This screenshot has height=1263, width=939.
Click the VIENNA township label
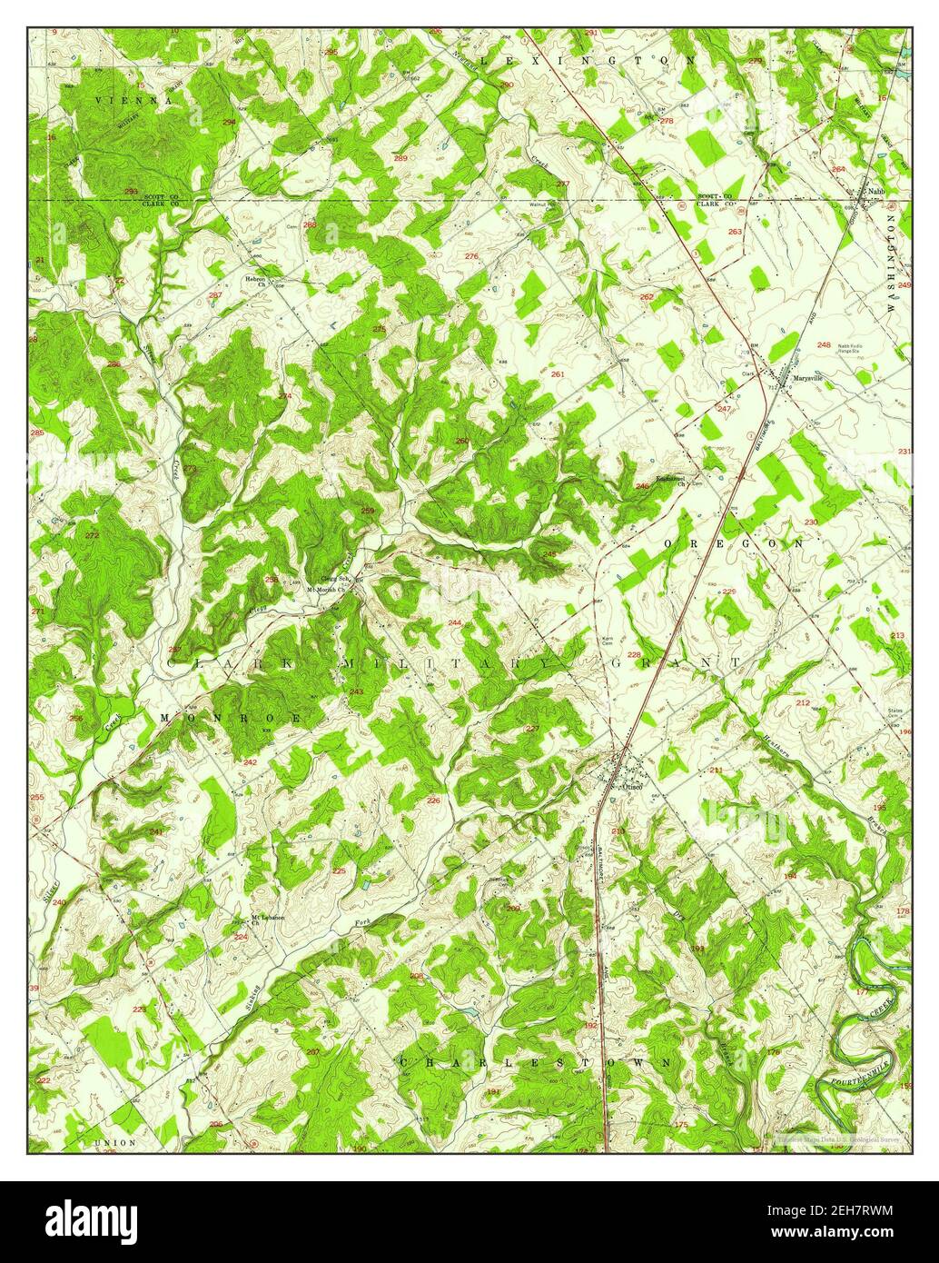[131, 101]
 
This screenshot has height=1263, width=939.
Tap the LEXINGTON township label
[587, 60]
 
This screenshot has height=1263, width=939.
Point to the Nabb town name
[875, 192]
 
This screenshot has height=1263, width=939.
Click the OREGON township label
[734, 542]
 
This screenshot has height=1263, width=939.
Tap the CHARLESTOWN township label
[536, 1061]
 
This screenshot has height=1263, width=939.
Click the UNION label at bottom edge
[114, 1141]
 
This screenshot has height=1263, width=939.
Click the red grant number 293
[132, 192]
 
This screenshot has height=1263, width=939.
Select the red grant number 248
[824, 345]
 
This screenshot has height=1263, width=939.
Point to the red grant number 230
[810, 522]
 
